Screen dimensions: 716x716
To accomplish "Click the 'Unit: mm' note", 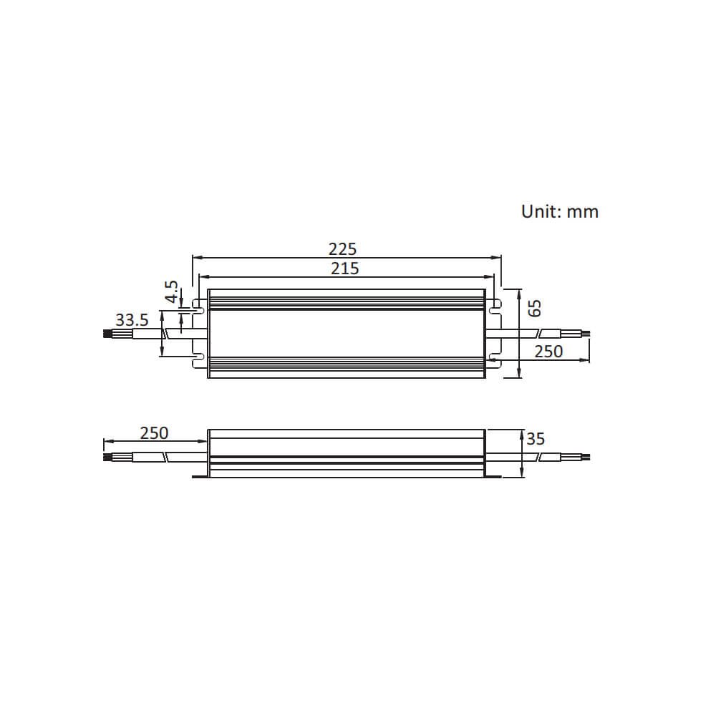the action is point(559,211).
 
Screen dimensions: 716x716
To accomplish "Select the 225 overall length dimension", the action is point(342,249).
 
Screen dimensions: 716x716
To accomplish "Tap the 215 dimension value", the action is point(345,268).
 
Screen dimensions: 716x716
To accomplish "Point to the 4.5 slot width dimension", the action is point(172,291).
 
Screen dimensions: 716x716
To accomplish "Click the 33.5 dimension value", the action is point(132,319).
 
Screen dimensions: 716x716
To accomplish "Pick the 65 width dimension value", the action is point(534,308).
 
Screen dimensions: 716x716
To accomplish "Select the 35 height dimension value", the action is point(536,439).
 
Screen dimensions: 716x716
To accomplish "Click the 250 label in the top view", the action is point(548,352).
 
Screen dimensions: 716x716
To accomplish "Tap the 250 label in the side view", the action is point(155,433).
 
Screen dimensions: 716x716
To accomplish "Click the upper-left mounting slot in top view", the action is point(198,306).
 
